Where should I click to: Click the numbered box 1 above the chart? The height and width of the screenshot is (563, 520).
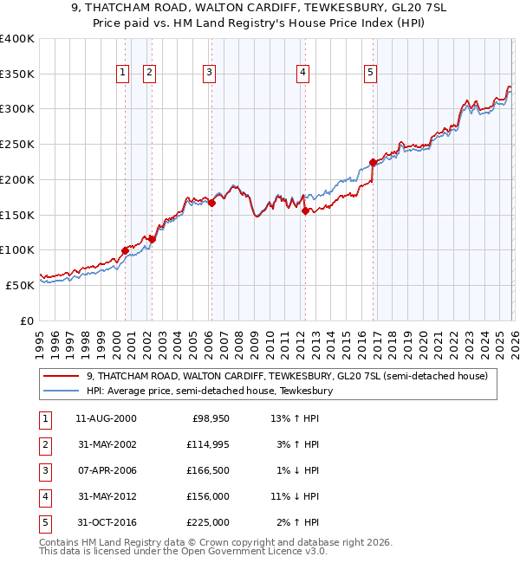(124, 73)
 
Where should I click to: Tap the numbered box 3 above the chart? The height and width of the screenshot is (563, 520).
(210, 73)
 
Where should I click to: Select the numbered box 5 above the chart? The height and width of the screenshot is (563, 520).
(371, 73)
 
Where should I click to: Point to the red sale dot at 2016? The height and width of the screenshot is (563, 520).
(373, 162)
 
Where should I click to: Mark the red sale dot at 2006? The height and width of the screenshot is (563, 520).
(211, 204)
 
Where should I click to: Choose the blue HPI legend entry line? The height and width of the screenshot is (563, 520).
(63, 391)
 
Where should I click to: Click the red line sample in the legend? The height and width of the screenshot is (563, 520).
(63, 376)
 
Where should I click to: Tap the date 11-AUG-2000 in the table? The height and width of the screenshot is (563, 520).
(106, 418)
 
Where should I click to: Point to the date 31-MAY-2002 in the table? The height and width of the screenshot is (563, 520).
(106, 444)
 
